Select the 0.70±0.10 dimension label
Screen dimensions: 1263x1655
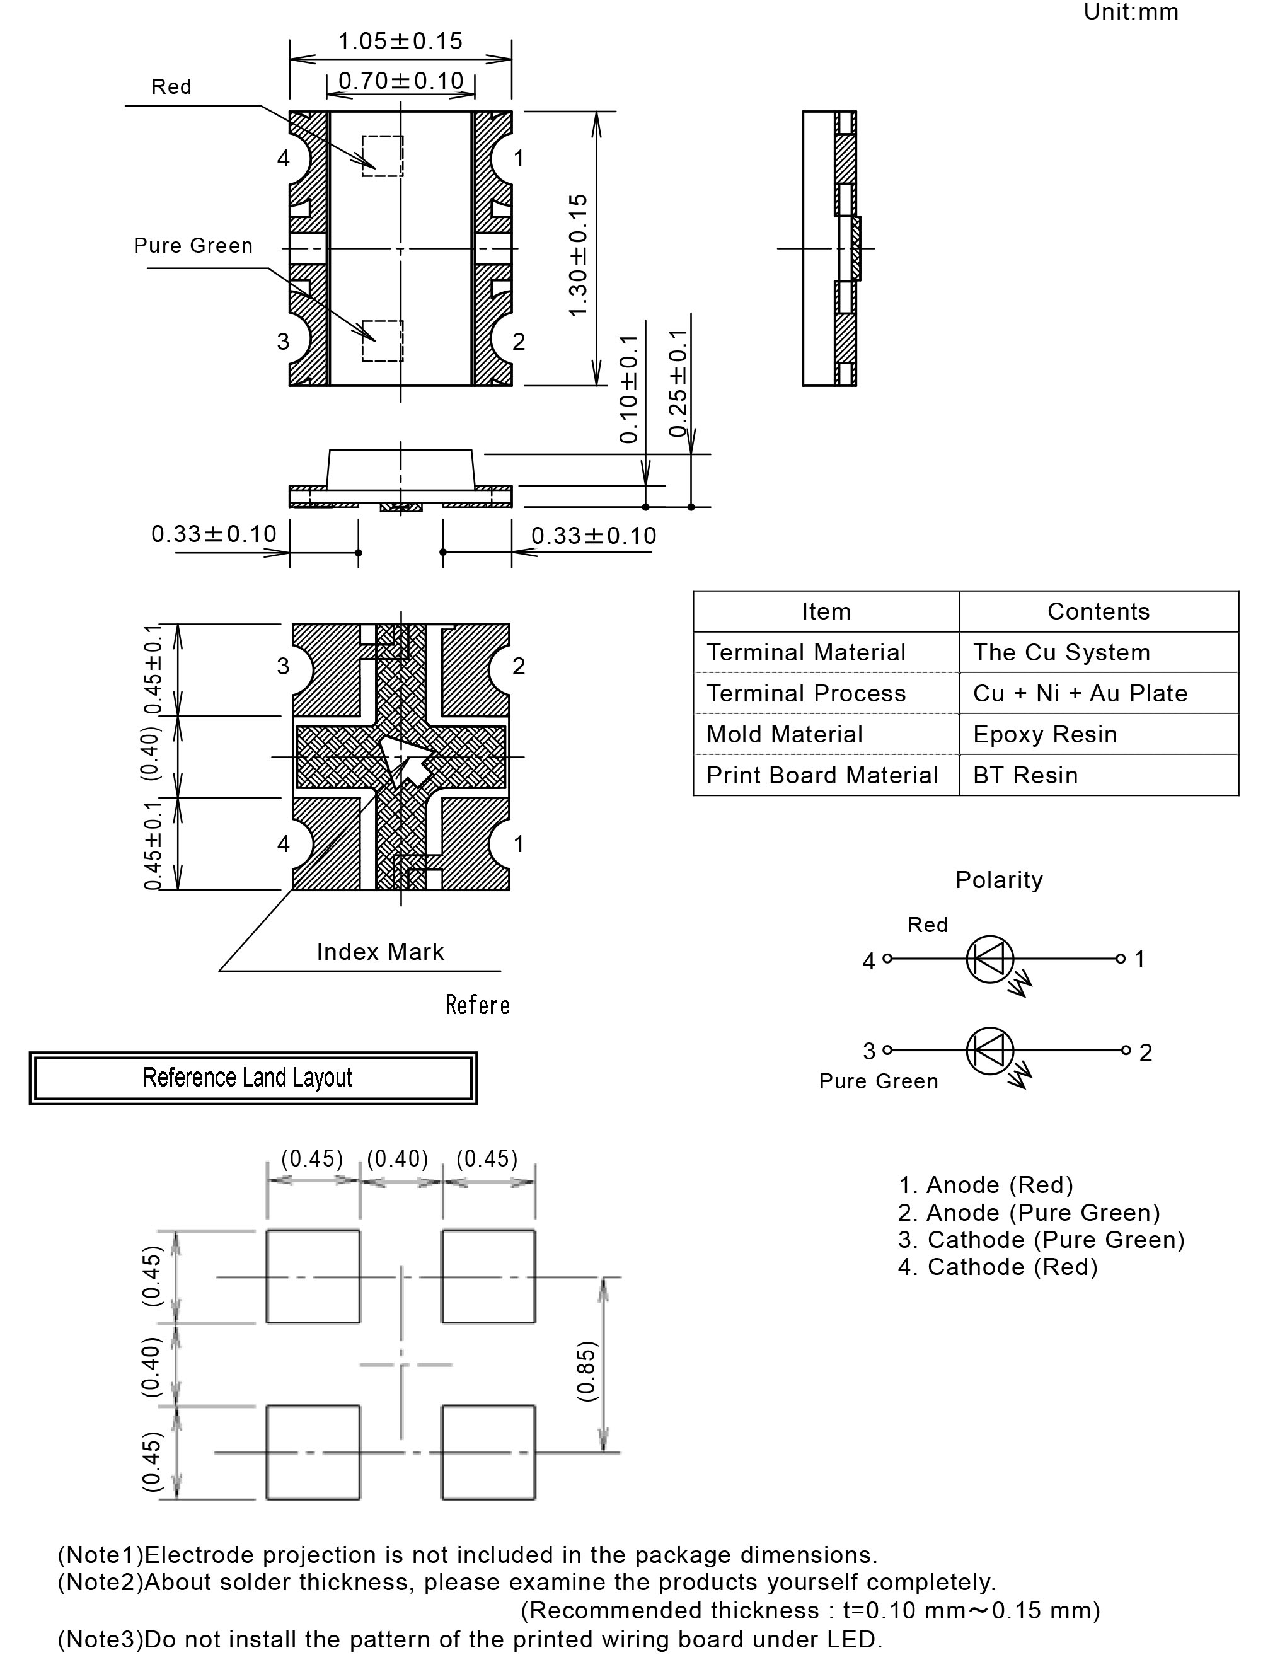(401, 81)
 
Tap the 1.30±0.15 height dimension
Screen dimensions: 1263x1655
(578, 255)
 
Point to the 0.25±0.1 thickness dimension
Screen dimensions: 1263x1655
(678, 383)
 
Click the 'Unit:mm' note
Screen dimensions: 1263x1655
(1131, 12)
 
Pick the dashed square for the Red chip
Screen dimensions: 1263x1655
(383, 156)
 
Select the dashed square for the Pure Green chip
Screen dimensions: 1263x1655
(383, 341)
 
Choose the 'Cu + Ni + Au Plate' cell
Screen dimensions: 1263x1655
(1080, 693)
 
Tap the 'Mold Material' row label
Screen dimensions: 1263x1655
(785, 734)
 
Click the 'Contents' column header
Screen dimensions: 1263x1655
(1099, 611)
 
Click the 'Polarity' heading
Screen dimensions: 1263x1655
(999, 880)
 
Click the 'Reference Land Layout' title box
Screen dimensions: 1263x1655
(253, 1078)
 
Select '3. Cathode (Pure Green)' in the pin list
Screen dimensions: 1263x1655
(1041, 1240)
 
